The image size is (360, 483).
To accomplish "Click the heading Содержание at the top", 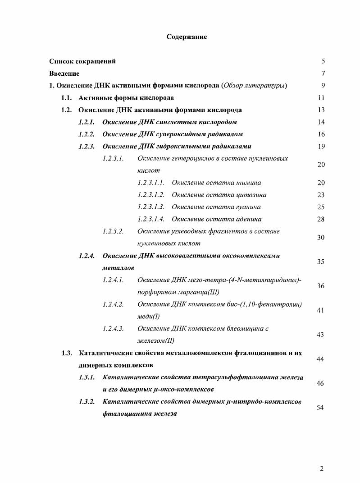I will coord(187,37).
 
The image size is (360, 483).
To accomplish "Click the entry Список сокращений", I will coord(82,61).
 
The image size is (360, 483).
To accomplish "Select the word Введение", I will coord(64,74).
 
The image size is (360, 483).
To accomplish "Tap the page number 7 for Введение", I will coord(323,74).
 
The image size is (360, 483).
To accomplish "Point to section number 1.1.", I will coord(66,98).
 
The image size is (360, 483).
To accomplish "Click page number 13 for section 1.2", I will coord(321,110).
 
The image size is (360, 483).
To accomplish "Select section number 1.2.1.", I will coord(86,122).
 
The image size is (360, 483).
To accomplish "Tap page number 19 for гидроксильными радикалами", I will coord(321,147).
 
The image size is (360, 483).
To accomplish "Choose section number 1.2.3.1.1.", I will coord(150,183).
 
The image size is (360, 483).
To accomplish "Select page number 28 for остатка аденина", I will coord(321,220).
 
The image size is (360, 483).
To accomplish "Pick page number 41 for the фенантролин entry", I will coord(321,311).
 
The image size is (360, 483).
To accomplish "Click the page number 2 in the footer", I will coord(322,469).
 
